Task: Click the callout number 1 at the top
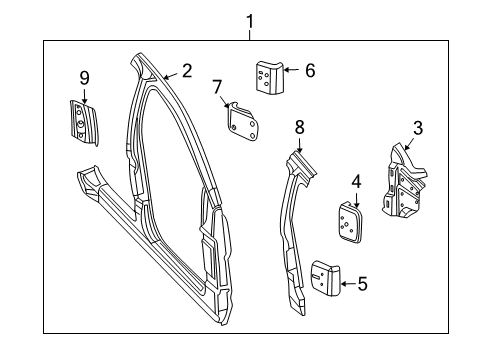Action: click(250, 20)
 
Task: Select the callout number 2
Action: click(186, 71)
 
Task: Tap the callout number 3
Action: click(418, 127)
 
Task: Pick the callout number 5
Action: click(362, 284)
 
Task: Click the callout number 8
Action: click(298, 126)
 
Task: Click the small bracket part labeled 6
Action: click(267, 76)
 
